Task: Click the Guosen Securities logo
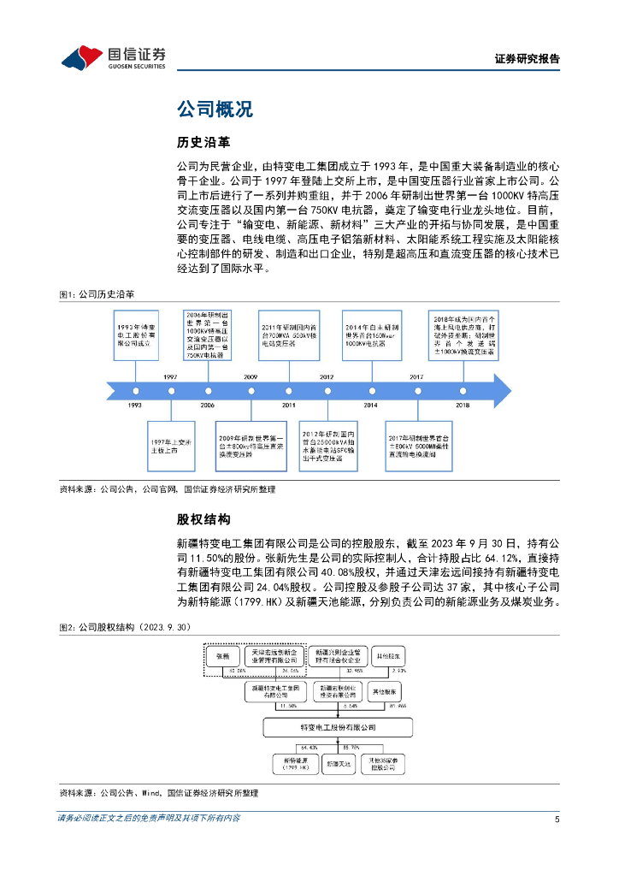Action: click(113, 56)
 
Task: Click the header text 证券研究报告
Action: click(527, 59)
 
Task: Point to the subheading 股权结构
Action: click(203, 519)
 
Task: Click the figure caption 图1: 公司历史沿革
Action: click(97, 294)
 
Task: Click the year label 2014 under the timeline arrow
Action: click(370, 405)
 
